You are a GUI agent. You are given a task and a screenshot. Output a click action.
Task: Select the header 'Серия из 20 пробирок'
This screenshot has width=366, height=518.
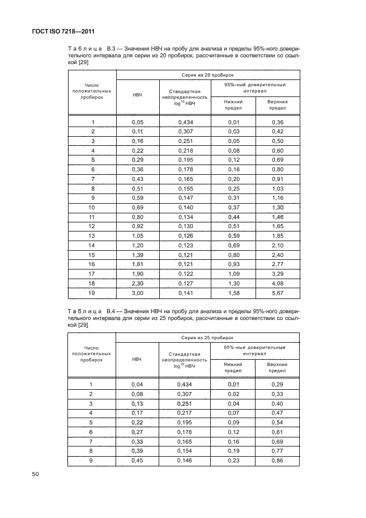[x=208, y=75]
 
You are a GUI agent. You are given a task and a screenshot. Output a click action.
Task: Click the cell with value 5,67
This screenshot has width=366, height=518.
[x=278, y=294]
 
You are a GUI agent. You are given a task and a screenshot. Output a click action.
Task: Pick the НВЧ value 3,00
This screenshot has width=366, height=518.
[x=137, y=294]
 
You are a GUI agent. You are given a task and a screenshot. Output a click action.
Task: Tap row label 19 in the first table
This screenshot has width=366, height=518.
[x=92, y=294]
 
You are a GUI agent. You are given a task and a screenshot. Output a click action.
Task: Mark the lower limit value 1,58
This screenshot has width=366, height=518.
[x=233, y=294]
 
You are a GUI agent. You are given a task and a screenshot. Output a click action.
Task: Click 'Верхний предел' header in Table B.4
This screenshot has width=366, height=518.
[x=278, y=367]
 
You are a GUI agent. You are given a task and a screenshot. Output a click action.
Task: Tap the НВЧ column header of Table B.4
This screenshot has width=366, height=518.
[x=137, y=359]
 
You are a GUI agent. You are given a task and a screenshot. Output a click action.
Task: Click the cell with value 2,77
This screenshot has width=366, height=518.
[x=278, y=264]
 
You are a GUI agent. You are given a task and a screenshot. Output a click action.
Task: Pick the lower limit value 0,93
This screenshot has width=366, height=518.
[x=233, y=264]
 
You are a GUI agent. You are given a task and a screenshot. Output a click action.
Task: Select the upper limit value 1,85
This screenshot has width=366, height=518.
[x=278, y=235]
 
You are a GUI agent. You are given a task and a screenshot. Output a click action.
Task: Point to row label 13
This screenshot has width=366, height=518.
[x=92, y=235]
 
